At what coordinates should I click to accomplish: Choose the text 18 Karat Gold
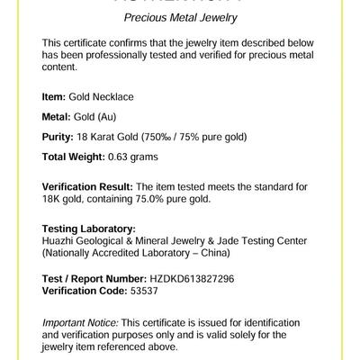pyautogui.click(x=121, y=139)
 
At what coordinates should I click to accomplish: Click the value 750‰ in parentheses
pyautogui.click(x=184, y=139)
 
